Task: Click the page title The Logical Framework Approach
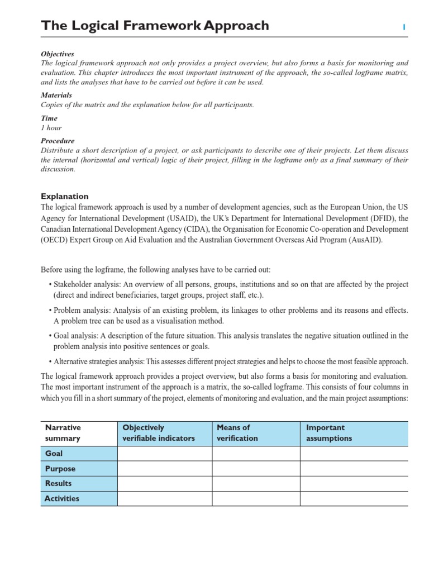155,26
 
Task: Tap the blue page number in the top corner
404,27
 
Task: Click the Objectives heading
58,54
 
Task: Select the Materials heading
56,96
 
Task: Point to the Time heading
49,118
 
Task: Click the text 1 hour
51,128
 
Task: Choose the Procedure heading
58,141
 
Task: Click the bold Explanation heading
65,197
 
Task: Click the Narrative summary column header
63,433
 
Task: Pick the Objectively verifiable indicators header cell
159,433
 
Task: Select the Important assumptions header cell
329,433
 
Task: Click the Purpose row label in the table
60,469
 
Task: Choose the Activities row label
62,498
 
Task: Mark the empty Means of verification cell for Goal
256,454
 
